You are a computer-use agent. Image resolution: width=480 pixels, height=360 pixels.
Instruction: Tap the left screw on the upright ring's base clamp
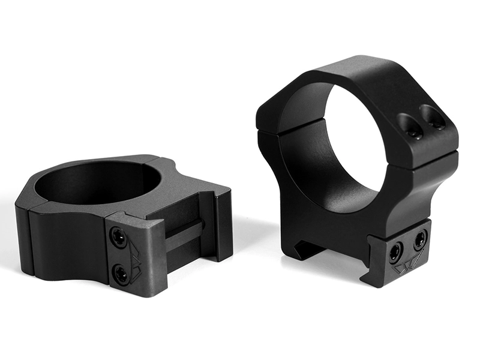coord(395,251)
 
